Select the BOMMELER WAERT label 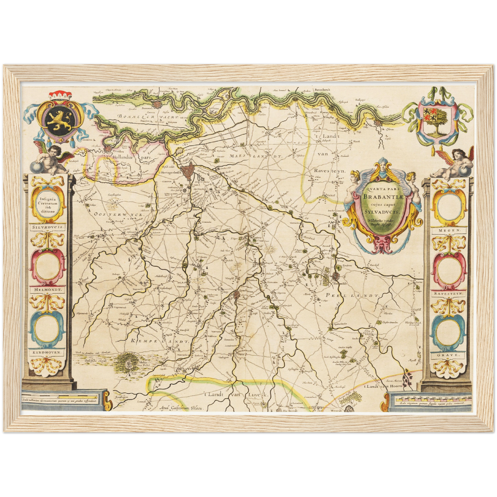pyautogui.click(x=148, y=117)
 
